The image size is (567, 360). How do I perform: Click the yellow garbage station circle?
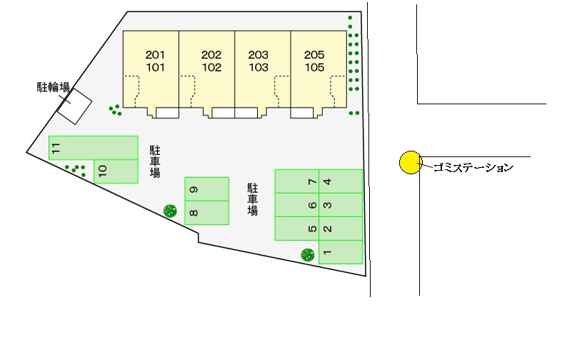click(x=410, y=163)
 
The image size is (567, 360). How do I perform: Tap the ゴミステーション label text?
click(x=468, y=169)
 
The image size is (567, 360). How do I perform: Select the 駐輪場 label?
click(x=53, y=88)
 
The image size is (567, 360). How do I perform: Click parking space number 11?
click(x=93, y=148)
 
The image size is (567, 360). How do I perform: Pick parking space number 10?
click(x=114, y=171)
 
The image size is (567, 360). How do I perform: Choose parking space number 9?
click(x=206, y=189)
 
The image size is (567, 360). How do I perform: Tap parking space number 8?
click(x=206, y=213)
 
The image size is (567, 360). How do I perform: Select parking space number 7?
click(x=298, y=181)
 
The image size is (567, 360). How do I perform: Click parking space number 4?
click(x=341, y=181)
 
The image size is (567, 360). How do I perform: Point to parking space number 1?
click(x=341, y=252)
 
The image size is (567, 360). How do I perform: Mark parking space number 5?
click(x=298, y=229)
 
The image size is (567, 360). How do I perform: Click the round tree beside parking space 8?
click(x=170, y=210)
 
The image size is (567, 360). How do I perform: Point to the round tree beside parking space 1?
click(x=307, y=254)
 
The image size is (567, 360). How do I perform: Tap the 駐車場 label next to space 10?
click(x=154, y=161)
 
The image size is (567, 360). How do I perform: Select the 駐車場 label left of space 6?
click(x=252, y=199)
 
